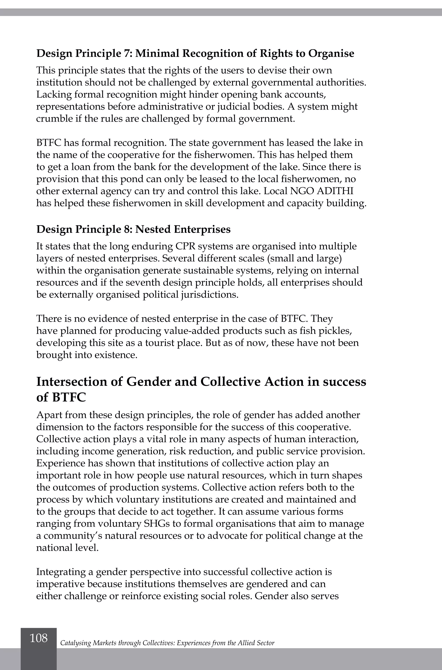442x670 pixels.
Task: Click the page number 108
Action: click(39, 638)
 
